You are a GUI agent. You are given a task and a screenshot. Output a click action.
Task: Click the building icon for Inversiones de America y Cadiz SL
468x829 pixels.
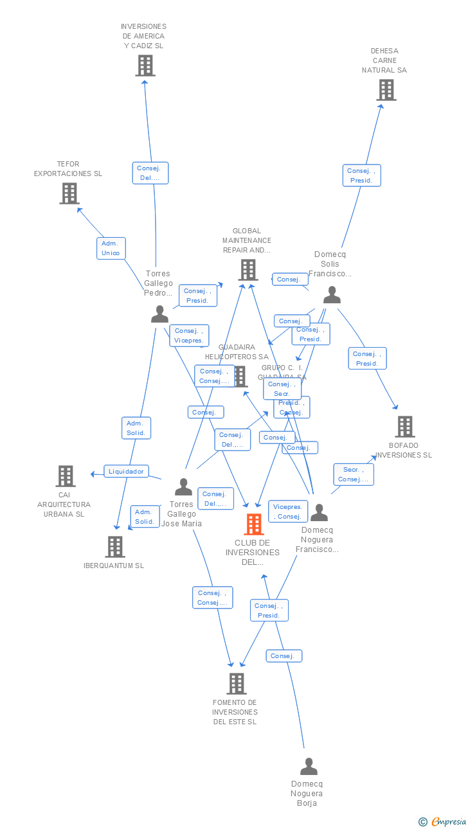[x=145, y=65]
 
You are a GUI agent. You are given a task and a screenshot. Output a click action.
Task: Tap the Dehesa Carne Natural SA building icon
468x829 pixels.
[x=386, y=90]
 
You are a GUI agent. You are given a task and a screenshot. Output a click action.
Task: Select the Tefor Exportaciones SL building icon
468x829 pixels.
[x=69, y=193]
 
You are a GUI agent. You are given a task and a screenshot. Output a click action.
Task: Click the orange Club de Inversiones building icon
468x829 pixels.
[x=254, y=524]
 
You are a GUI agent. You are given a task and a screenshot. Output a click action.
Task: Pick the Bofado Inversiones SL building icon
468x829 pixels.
[x=404, y=426]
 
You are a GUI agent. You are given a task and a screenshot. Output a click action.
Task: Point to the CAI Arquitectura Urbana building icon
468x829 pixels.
[x=65, y=476]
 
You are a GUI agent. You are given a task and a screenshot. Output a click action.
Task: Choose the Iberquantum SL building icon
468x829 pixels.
[x=114, y=546]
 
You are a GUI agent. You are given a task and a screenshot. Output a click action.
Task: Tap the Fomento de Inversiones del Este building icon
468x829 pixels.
[x=236, y=684]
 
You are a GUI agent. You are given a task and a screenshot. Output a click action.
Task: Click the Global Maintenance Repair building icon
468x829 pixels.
[x=248, y=270]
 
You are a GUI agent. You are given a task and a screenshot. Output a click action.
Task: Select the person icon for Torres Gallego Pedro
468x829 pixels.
[x=159, y=314]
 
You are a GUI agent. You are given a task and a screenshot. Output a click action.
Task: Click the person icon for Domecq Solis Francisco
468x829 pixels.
[x=332, y=295]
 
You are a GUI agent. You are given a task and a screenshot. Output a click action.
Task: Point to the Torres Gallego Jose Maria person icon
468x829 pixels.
[x=184, y=487]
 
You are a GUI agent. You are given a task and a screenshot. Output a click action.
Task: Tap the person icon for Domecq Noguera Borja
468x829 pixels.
[x=309, y=767]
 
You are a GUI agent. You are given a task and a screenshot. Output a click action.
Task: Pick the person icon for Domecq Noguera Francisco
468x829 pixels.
[x=319, y=513]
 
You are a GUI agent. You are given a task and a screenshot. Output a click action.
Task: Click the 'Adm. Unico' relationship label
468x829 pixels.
[x=111, y=248]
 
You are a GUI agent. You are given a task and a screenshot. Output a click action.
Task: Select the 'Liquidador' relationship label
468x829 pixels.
[x=126, y=471]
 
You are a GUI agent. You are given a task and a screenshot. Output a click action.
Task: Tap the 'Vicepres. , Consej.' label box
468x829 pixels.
[x=287, y=512]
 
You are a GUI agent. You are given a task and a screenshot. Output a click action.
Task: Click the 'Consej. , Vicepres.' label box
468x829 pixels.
[x=189, y=335]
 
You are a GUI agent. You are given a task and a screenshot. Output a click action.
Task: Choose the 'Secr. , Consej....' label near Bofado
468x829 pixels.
[x=353, y=474]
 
